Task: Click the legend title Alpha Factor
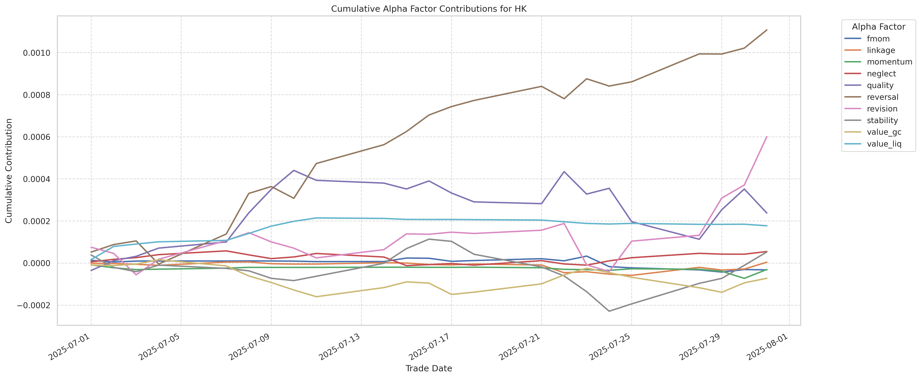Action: coord(879,27)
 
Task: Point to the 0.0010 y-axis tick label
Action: coord(36,53)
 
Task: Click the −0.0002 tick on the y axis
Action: coord(34,305)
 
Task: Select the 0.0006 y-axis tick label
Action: coord(36,137)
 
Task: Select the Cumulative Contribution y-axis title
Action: coord(9,171)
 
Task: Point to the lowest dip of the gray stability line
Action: coord(609,311)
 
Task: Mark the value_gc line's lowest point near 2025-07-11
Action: coord(316,296)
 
